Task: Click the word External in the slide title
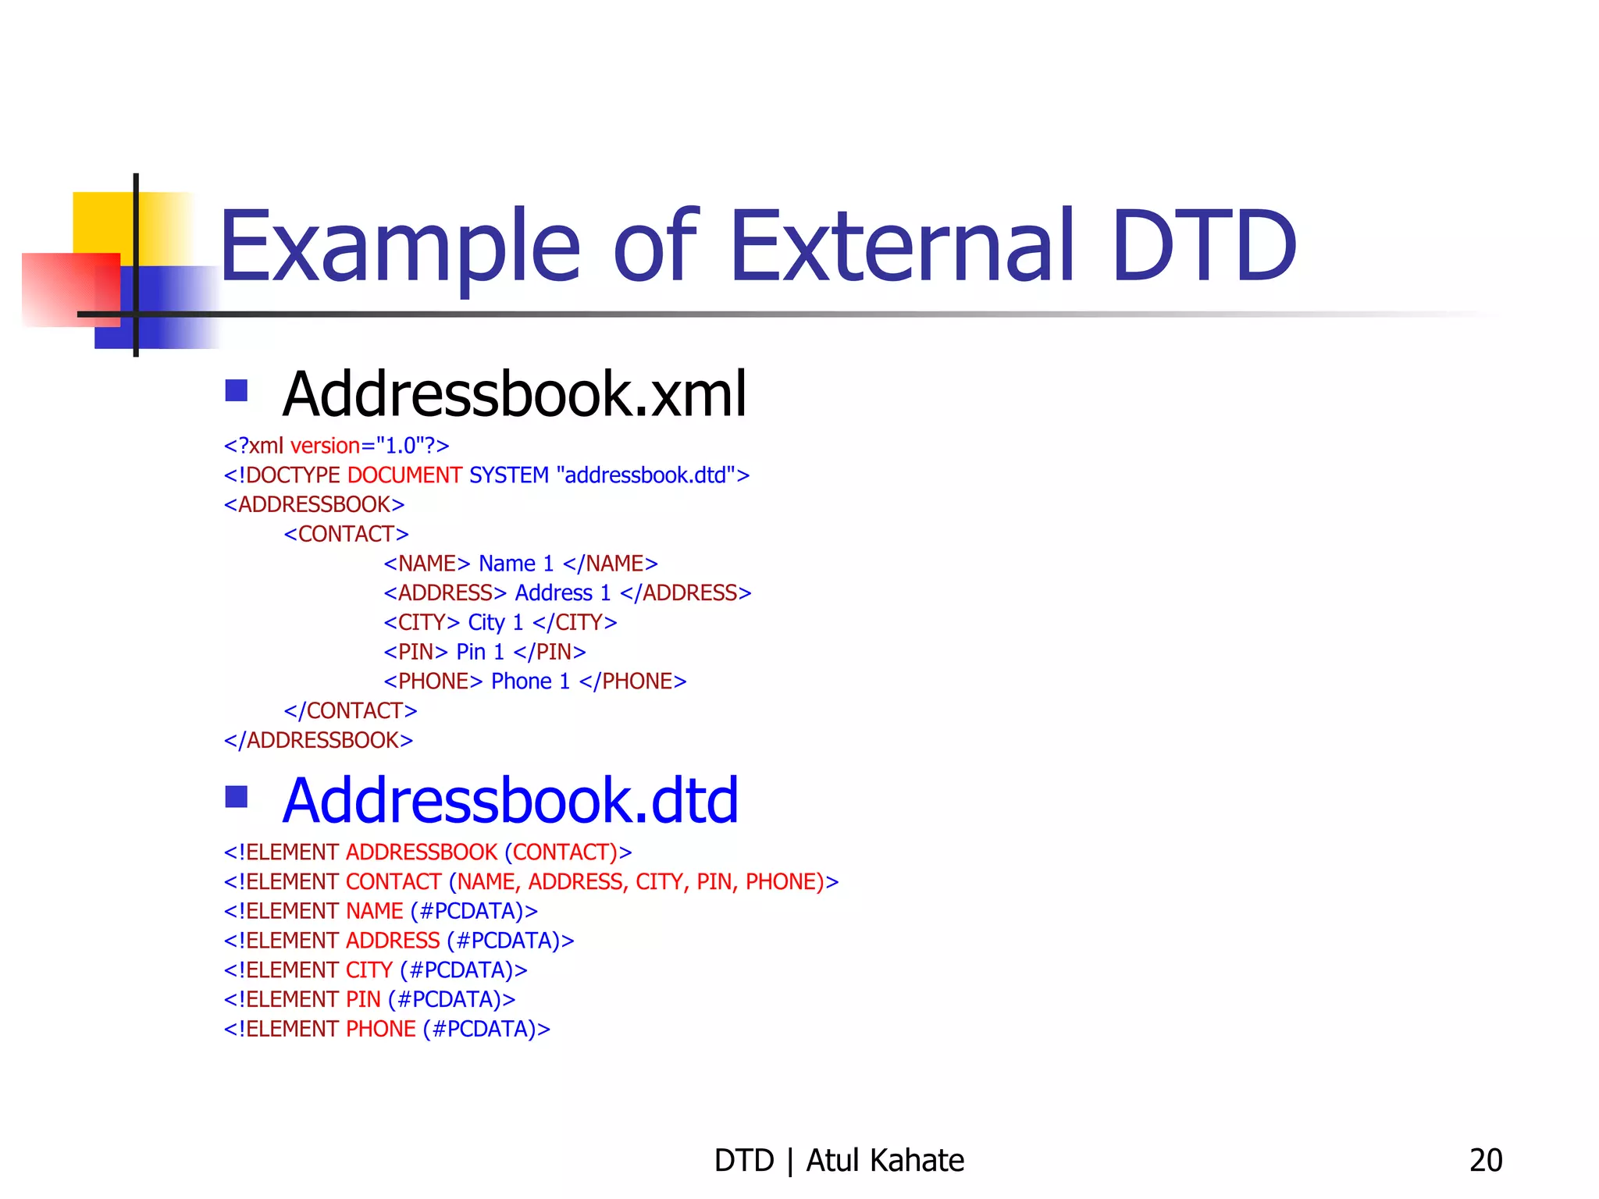click(901, 246)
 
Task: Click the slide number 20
click(1485, 1161)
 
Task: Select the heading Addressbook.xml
click(515, 394)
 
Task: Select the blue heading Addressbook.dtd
click(510, 801)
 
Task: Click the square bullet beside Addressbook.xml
click(236, 390)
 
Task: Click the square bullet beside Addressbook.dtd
click(236, 797)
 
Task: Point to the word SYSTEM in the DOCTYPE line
click(509, 475)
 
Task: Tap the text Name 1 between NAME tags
click(516, 564)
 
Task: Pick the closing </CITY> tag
click(575, 623)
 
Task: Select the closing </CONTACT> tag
click(351, 711)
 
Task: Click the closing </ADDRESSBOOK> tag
click(319, 740)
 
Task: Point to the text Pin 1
click(480, 652)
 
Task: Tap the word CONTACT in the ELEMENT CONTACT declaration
click(394, 882)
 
